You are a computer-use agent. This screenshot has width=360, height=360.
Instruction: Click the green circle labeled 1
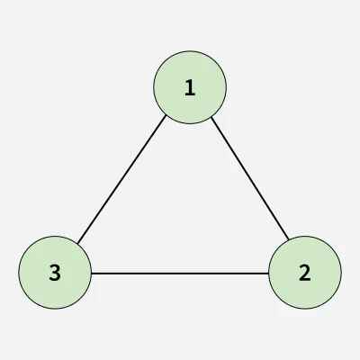pyautogui.click(x=190, y=87)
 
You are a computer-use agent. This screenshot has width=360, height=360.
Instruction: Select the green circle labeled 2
pyautogui.click(x=305, y=273)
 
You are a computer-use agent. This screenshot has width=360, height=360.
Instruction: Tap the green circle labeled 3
pyautogui.click(x=55, y=273)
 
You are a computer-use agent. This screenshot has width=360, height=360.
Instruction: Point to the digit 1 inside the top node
pyautogui.click(x=190, y=88)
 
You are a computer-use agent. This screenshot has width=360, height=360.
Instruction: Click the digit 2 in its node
pyautogui.click(x=305, y=273)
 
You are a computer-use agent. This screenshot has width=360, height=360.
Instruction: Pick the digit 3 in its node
pyautogui.click(x=55, y=273)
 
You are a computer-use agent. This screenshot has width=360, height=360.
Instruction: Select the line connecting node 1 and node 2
pyautogui.click(x=250, y=178)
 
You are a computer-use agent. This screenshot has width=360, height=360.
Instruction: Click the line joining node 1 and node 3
pyautogui.click(x=121, y=179)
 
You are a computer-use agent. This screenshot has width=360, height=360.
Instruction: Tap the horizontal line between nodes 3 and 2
pyautogui.click(x=180, y=274)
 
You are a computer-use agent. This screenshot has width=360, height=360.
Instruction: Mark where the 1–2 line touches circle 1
pyautogui.click(x=211, y=117)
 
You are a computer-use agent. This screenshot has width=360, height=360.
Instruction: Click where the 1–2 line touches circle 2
pyautogui.click(x=289, y=239)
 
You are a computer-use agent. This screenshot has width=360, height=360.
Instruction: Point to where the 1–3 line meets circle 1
pyautogui.click(x=166, y=116)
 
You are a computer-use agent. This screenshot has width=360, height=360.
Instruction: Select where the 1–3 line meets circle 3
pyautogui.click(x=77, y=243)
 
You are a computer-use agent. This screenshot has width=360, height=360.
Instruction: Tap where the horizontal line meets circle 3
pyautogui.click(x=92, y=274)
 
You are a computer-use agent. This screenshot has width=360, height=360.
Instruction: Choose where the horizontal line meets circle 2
pyautogui.click(x=268, y=274)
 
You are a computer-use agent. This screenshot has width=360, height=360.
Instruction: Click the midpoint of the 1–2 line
pyautogui.click(x=250, y=178)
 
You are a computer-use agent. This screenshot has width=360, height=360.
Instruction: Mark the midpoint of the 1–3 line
pyautogui.click(x=121, y=179)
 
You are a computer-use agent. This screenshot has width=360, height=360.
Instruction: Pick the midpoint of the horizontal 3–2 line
pyautogui.click(x=180, y=274)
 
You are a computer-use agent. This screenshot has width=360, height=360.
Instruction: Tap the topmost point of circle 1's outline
pyautogui.click(x=190, y=51)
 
